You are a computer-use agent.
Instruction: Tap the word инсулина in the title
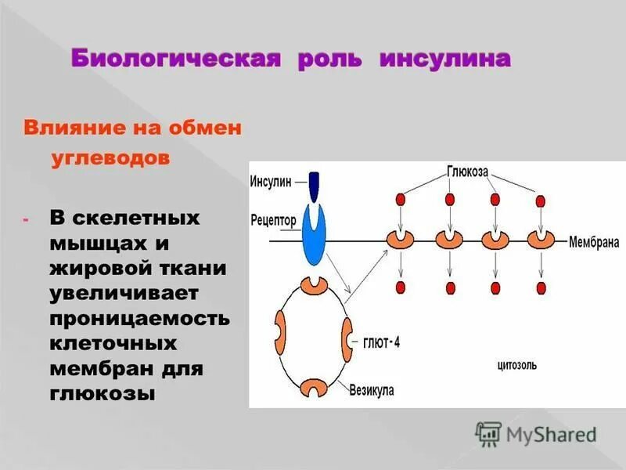coord(445,60)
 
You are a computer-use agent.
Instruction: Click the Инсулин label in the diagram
coord(270,180)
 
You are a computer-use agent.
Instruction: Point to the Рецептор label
coord(274,220)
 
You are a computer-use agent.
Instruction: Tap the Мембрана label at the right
coord(594,242)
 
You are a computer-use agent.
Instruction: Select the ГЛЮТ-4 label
coord(381,342)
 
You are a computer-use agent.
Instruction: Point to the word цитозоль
coord(517,365)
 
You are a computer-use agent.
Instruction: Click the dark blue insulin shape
coord(315,187)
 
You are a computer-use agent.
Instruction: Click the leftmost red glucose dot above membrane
coord(401,199)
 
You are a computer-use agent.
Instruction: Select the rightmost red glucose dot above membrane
coord(541,199)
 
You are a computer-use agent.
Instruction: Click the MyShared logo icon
coord(488,433)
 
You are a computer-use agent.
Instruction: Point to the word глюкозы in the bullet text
coord(103,393)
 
